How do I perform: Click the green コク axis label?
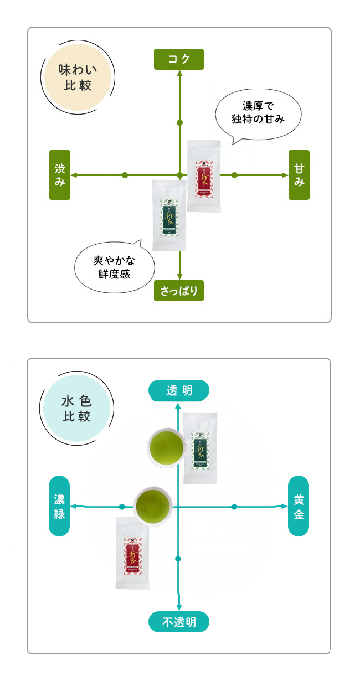[x=179, y=59]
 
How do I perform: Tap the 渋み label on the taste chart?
[x=60, y=174]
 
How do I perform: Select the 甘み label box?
[x=299, y=174]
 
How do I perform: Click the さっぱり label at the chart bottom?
[x=179, y=291]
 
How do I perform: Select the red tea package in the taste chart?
[x=204, y=176]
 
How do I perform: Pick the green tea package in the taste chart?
[x=169, y=215]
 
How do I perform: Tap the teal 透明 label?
[x=179, y=391]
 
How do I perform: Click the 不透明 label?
[x=179, y=622]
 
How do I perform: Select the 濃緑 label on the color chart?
[x=60, y=506]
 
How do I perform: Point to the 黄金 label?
[x=299, y=506]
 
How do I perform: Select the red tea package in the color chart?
[x=133, y=553]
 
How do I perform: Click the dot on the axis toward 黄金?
[x=234, y=507]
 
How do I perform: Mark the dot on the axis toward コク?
[x=179, y=122]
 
